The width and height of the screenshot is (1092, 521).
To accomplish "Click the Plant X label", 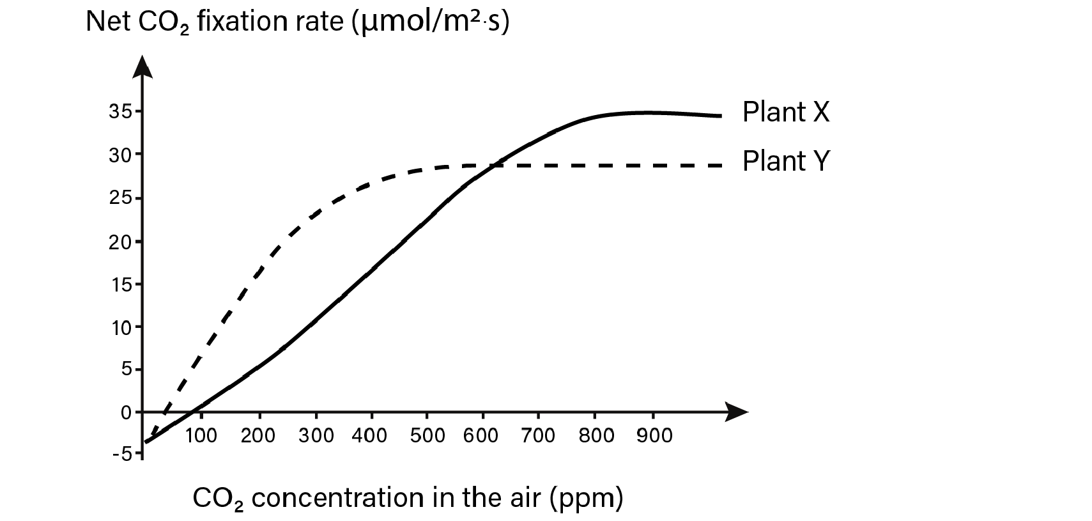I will coord(785,113).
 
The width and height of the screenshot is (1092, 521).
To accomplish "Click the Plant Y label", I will coord(785,161).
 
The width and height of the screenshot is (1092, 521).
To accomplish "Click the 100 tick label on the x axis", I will coord(201,436).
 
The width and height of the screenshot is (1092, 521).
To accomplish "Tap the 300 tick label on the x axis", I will coord(316,436).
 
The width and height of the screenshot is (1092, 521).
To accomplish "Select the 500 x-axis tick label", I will coord(427,436).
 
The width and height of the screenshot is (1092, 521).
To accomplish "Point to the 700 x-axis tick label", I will coord(538,436).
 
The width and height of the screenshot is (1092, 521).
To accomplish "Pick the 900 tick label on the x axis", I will coord(653,436).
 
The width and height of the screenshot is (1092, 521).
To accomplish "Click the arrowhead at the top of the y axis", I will coord(143,66).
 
